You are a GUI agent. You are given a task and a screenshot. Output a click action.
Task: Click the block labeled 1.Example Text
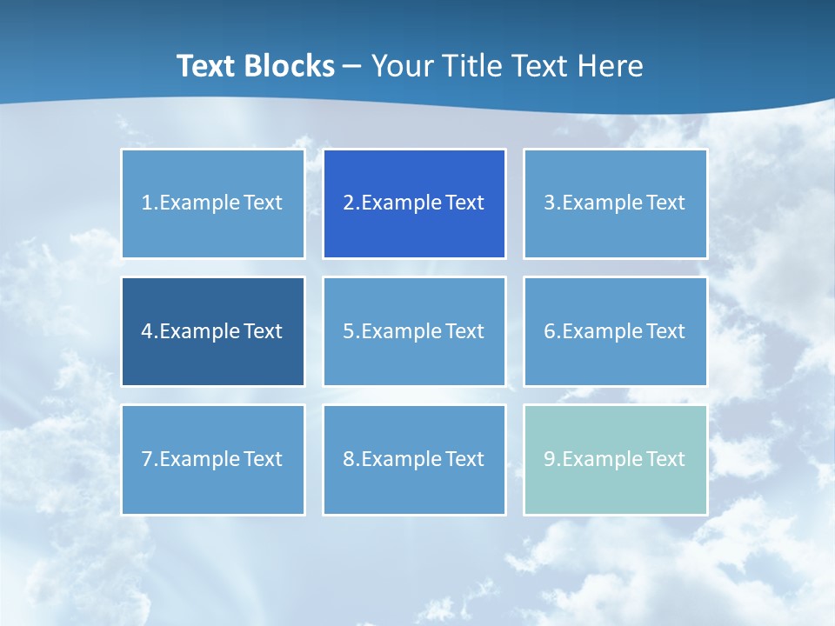(x=213, y=203)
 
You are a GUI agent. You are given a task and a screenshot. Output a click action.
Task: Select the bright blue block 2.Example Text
(x=414, y=203)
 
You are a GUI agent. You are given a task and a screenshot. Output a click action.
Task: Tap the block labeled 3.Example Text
(x=615, y=203)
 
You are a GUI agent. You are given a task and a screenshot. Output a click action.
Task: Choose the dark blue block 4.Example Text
(x=213, y=331)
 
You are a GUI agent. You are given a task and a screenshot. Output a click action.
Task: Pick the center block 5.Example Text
(x=414, y=331)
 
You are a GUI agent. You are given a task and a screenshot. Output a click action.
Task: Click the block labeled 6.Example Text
(x=615, y=331)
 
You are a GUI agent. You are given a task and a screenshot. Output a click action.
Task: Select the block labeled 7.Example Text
(x=213, y=459)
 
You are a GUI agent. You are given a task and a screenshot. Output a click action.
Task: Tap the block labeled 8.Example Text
(x=414, y=459)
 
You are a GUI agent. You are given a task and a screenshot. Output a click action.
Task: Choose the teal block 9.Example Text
(x=615, y=459)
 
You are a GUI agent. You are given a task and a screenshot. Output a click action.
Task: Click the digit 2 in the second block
(x=348, y=203)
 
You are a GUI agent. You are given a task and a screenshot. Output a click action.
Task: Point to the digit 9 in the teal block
(x=549, y=459)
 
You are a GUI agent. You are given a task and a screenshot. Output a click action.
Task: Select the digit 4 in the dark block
(x=146, y=331)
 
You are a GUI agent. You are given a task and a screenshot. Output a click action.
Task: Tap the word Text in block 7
(x=263, y=459)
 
